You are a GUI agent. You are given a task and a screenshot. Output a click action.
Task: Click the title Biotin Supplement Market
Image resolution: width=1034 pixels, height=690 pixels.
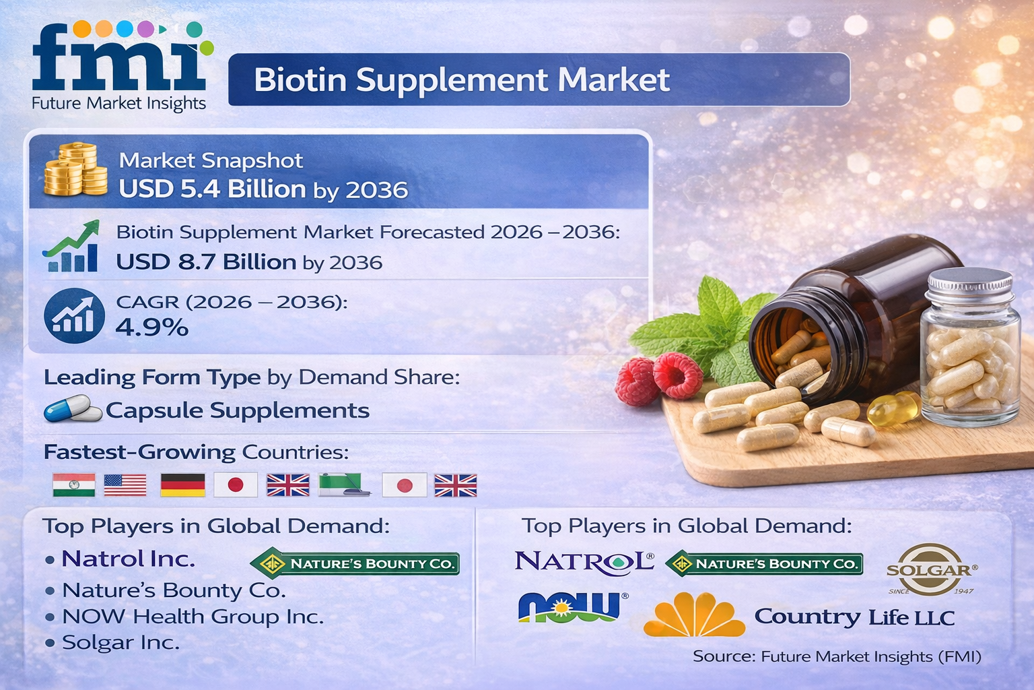tap(461, 80)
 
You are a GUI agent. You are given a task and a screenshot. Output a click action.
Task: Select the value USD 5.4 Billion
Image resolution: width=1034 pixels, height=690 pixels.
tap(212, 189)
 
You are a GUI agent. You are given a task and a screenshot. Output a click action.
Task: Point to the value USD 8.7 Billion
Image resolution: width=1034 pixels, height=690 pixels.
tap(206, 261)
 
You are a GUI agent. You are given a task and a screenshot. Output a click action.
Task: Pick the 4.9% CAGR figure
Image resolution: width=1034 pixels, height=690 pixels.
tap(151, 327)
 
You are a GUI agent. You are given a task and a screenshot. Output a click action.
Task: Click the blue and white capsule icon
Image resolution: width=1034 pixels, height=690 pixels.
tap(71, 408)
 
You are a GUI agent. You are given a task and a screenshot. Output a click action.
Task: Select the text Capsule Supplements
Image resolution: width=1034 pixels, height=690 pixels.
tap(237, 410)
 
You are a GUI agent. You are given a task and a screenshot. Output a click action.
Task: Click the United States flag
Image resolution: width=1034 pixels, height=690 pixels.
tap(125, 484)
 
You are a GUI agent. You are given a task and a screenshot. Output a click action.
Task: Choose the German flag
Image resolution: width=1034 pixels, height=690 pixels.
tap(182, 484)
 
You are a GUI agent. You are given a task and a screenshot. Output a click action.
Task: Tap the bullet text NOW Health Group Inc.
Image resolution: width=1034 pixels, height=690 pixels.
tap(193, 617)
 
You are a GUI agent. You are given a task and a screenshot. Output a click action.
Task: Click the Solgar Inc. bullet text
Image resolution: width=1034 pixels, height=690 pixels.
tap(120, 643)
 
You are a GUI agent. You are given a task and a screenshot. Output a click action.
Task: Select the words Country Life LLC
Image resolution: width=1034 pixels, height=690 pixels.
tap(854, 617)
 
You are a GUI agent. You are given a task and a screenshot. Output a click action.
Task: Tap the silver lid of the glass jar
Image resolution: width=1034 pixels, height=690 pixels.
tap(970, 286)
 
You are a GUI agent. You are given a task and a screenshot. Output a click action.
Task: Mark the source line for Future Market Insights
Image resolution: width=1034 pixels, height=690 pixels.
tap(837, 656)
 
